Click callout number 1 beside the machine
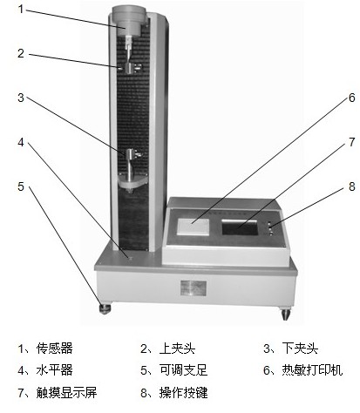coord(21,9)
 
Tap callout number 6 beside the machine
coord(352,98)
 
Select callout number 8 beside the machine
coord(352,186)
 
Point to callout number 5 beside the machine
coord(21,186)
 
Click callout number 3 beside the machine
coord(21,98)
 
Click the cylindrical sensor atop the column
coord(128,21)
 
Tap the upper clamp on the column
coord(130,68)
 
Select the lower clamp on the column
coord(132,154)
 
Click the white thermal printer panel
coord(194,226)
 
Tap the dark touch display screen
coord(240,227)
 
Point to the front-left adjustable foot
coord(105,308)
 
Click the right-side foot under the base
coord(286,314)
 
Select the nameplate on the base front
coord(194,288)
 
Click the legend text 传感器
coord(55,349)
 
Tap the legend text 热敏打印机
coord(312,370)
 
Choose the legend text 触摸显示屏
coord(66,392)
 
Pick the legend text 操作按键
coord(183,392)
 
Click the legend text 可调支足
coord(183,370)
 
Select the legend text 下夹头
coord(300,349)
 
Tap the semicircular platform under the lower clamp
coord(132,182)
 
